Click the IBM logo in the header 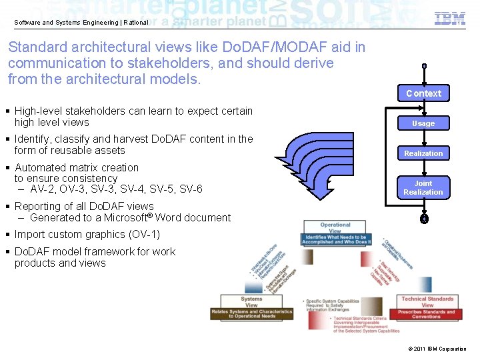coord(450,19)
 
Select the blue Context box coord(423,93)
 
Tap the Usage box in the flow coord(423,123)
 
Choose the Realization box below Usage coord(423,153)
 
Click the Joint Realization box coord(423,187)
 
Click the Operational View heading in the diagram coord(335,228)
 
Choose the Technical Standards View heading coord(427,302)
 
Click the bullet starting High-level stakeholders coord(133,117)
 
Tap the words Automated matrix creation coord(77,167)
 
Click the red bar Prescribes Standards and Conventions coord(427,314)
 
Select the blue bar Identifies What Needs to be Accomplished coord(335,239)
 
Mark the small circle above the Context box coord(423,67)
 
